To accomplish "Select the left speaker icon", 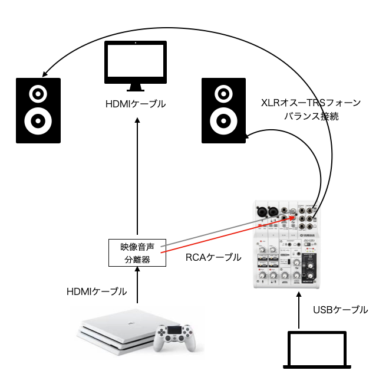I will click(x=38, y=110).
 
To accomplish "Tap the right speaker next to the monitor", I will click(x=224, y=110).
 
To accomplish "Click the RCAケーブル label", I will click(x=213, y=257).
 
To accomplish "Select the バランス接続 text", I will click(x=311, y=116).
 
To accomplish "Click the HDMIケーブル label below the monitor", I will click(x=135, y=104).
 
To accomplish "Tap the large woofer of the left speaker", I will click(x=38, y=120).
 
